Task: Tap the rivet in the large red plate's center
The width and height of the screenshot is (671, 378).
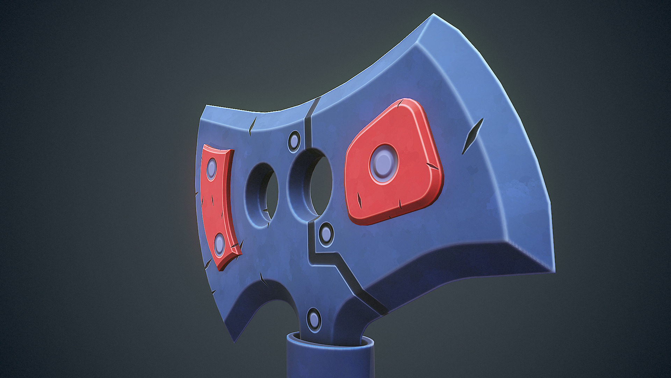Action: (383, 163)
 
